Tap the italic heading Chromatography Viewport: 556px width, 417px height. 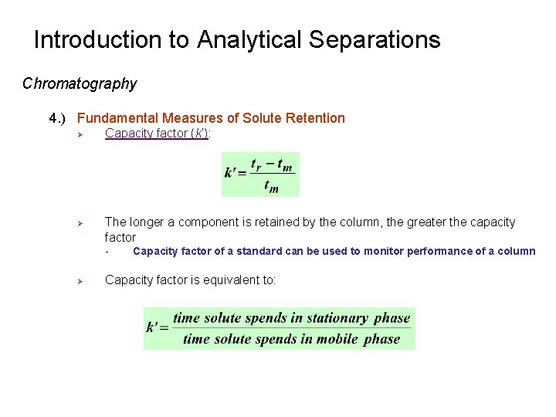click(x=80, y=83)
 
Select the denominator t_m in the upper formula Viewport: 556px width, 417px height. click(x=270, y=186)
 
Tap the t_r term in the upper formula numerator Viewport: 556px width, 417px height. click(x=257, y=164)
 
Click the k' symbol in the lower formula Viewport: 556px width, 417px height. click(x=156, y=327)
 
